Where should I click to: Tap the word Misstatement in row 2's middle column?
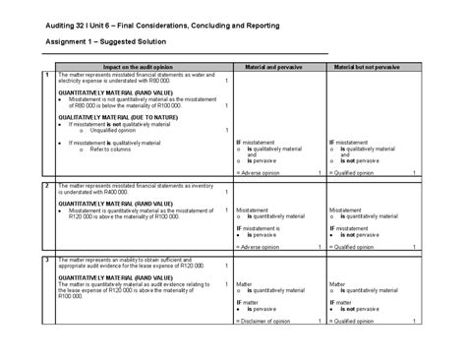coord(255,210)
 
